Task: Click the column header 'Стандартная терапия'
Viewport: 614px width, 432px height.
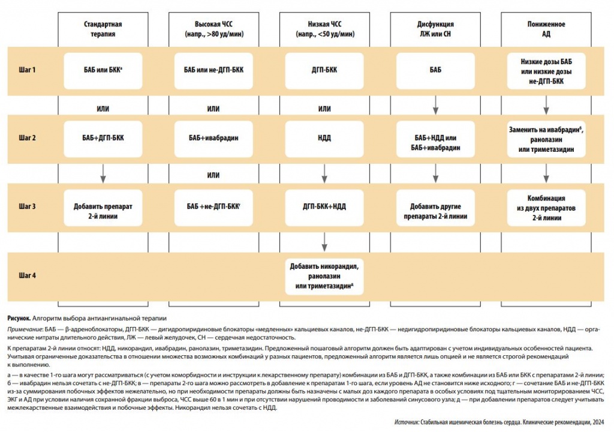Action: (103, 29)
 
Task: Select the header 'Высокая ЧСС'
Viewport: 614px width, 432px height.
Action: (213, 29)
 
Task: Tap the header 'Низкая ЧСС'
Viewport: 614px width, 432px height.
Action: (324, 29)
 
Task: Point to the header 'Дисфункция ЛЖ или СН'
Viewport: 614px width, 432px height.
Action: (435, 29)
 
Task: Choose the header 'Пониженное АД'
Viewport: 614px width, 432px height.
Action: (546, 29)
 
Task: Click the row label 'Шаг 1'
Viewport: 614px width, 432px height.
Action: (28, 70)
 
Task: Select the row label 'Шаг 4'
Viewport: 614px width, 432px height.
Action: (28, 275)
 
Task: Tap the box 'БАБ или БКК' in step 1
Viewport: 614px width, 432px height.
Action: (103, 70)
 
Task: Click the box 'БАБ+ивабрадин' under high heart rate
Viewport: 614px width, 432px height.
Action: (213, 138)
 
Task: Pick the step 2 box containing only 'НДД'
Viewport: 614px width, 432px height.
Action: (324, 138)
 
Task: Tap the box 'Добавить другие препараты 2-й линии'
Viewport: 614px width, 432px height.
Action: (435, 211)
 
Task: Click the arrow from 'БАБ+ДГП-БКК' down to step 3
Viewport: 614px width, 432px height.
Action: (103, 171)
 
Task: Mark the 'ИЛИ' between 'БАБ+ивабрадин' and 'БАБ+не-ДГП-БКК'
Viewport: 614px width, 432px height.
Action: (213, 175)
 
